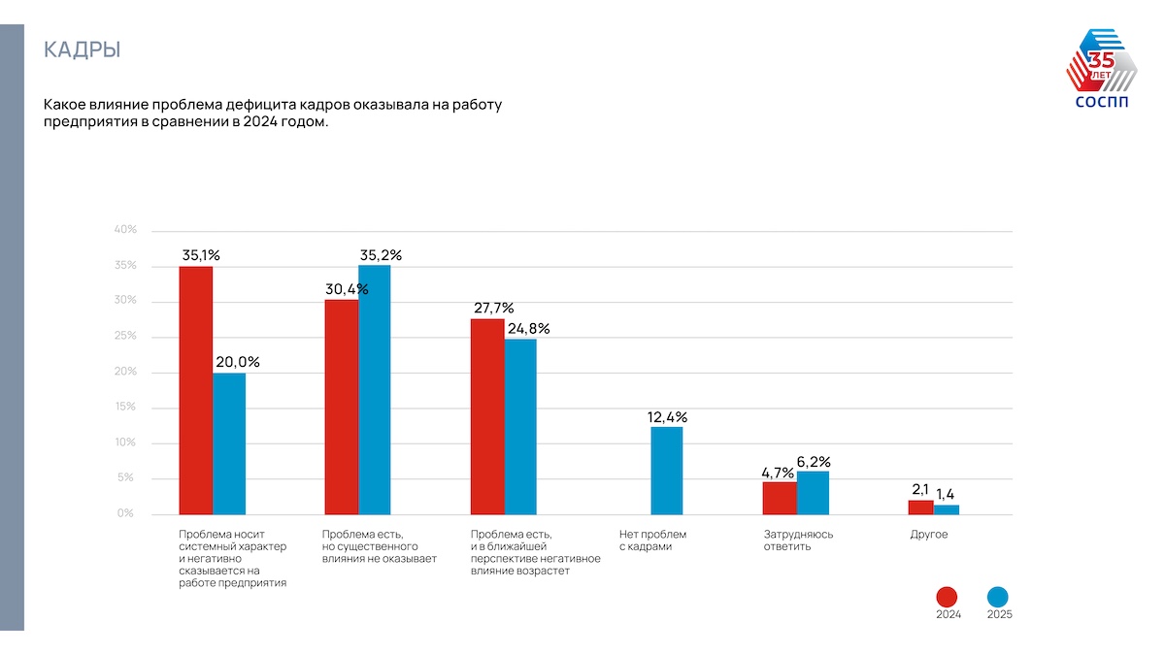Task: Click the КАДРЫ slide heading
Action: click(83, 50)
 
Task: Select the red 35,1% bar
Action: click(196, 389)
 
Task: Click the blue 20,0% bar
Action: click(229, 442)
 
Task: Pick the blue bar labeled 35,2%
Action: click(375, 389)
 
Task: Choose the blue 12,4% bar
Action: click(667, 470)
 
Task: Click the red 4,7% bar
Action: click(780, 497)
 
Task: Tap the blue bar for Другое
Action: click(947, 508)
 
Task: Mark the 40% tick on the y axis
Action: click(126, 230)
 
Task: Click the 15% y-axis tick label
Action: click(126, 408)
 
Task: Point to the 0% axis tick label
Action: click(126, 513)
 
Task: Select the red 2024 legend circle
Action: click(948, 598)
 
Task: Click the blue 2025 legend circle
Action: click(998, 598)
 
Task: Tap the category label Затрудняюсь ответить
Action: click(798, 540)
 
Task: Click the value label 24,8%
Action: click(528, 329)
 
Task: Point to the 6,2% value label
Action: click(814, 462)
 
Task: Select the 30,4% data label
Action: click(347, 289)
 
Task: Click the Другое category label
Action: click(929, 535)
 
